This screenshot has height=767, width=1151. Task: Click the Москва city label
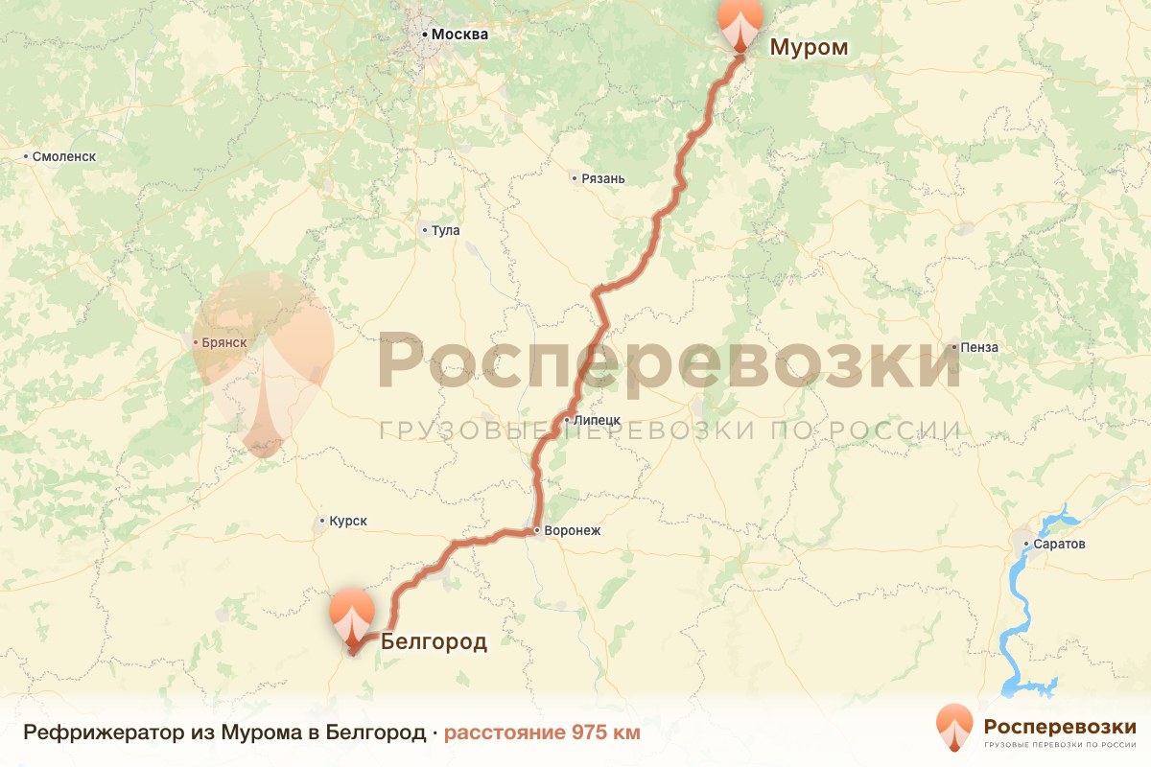(x=459, y=35)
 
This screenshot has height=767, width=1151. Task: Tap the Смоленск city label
(x=64, y=156)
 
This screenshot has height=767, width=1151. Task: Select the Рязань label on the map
(x=603, y=178)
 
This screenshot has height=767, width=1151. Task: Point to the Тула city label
(x=446, y=230)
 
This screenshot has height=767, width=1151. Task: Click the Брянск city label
(x=226, y=342)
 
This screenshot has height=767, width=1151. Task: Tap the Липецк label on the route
(x=598, y=420)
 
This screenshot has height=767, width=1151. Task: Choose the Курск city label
(x=347, y=522)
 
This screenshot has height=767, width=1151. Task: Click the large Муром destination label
(x=810, y=47)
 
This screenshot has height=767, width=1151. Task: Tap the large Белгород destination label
(x=434, y=641)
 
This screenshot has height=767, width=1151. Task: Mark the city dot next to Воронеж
(x=536, y=530)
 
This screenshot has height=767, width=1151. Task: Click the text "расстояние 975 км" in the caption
(x=541, y=733)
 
